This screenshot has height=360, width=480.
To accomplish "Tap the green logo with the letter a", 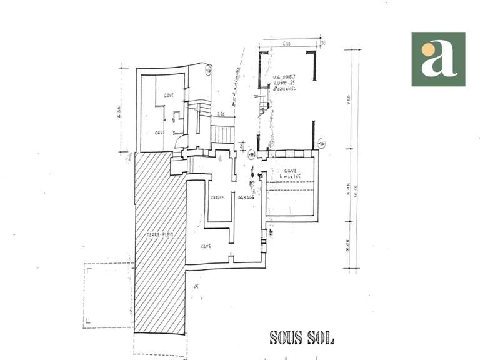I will pyautogui.click(x=438, y=59).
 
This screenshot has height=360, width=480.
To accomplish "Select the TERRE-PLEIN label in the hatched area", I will pyautogui.click(x=160, y=235).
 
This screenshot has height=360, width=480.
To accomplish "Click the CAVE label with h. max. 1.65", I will pyautogui.click(x=289, y=174).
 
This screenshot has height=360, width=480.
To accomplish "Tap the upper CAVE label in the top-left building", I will pyautogui.click(x=168, y=96).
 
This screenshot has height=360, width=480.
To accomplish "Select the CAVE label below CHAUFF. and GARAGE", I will pyautogui.click(x=206, y=246).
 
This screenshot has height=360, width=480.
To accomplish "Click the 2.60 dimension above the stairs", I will pyautogui.click(x=221, y=114).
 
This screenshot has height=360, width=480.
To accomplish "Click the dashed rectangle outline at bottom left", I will pyautogui.click(x=108, y=295).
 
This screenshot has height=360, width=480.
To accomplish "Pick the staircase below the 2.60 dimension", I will pyautogui.click(x=221, y=133).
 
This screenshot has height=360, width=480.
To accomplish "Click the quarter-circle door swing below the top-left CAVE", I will pyautogui.click(x=177, y=142).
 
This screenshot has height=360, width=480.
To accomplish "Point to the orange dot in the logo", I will pyautogui.click(x=428, y=49).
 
